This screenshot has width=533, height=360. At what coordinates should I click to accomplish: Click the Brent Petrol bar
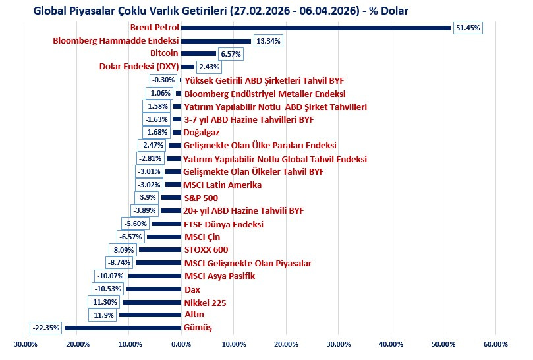(316, 28)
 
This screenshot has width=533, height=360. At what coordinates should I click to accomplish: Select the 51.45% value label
(468, 28)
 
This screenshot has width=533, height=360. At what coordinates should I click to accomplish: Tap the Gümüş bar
(123, 328)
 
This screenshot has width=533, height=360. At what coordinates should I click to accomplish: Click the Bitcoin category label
(163, 53)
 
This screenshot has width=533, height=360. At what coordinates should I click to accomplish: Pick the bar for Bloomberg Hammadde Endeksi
(216, 41)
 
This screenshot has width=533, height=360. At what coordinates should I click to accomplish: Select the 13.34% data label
(269, 41)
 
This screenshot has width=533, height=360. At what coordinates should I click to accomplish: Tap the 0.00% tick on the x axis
(181, 344)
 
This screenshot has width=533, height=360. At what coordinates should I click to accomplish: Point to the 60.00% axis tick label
(495, 344)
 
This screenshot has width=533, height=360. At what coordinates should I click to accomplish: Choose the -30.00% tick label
(24, 344)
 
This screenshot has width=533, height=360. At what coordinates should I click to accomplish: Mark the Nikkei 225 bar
(152, 302)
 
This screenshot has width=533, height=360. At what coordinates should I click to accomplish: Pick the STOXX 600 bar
(160, 250)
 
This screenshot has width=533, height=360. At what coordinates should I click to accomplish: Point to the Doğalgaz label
(201, 132)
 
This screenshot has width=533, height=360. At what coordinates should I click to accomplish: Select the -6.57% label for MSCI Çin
(130, 237)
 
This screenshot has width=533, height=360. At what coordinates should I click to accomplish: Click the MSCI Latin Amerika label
(222, 185)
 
